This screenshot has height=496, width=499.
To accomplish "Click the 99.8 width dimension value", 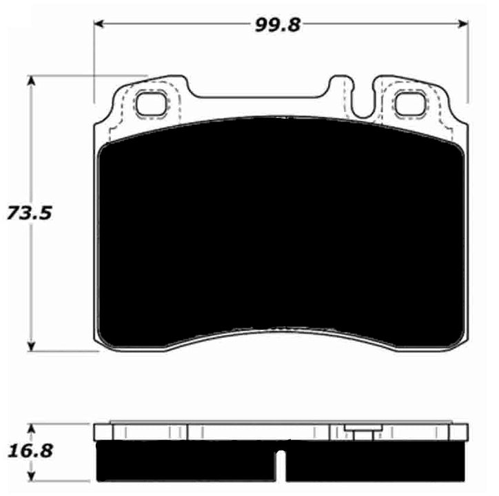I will click(274, 25).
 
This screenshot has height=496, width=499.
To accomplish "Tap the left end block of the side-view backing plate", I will click(102, 432).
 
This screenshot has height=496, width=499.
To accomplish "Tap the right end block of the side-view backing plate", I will click(460, 432).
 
